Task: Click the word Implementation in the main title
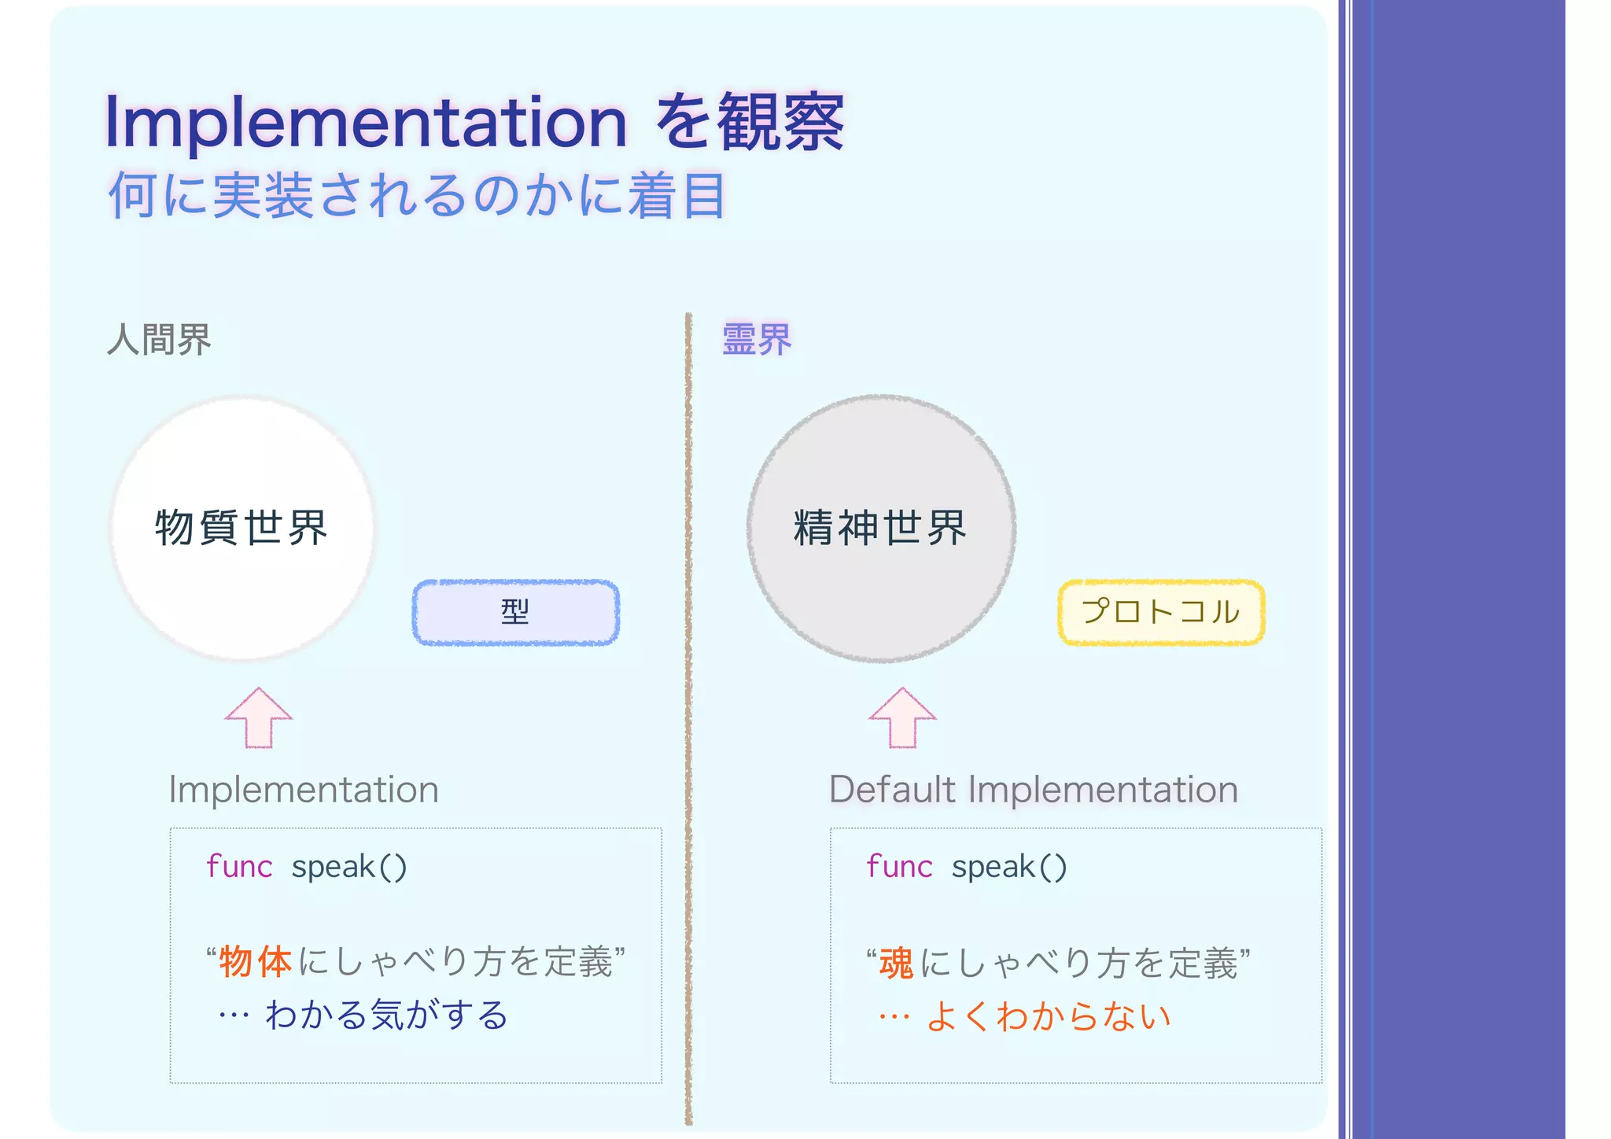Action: (x=366, y=122)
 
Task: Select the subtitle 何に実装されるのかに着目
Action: (x=417, y=195)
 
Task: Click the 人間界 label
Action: (x=159, y=340)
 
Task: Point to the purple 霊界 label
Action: (x=756, y=340)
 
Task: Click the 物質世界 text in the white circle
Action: (x=241, y=527)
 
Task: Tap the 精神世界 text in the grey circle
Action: (x=880, y=527)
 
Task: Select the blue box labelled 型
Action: (x=515, y=612)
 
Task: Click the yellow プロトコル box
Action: (x=1161, y=612)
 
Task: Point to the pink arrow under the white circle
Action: (x=258, y=719)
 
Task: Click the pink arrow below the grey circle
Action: (x=902, y=719)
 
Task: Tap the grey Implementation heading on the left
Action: (x=304, y=789)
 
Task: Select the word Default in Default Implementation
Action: (x=892, y=789)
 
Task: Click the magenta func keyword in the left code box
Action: (x=239, y=867)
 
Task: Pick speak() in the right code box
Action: (x=1009, y=867)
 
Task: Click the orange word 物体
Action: (x=256, y=962)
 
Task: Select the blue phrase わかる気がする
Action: (x=386, y=1015)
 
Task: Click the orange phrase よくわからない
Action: (x=1049, y=1016)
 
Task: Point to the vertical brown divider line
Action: (x=688, y=708)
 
